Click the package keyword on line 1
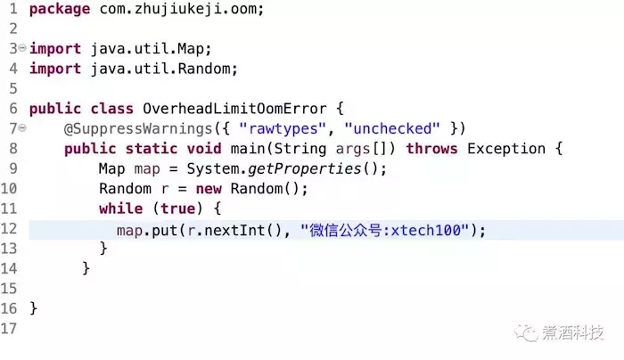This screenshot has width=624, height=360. pyautogui.click(x=60, y=9)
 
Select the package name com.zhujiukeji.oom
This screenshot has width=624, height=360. pyautogui.click(x=177, y=9)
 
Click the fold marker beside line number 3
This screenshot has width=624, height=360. pyautogui.click(x=22, y=48)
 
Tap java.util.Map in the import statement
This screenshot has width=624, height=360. pyautogui.click(x=147, y=49)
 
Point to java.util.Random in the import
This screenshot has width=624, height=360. pyautogui.click(x=160, y=69)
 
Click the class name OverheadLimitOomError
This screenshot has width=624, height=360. pyautogui.click(x=234, y=109)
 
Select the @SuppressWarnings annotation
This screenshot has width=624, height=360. pyautogui.click(x=138, y=129)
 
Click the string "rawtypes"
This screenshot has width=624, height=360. pyautogui.click(x=283, y=128)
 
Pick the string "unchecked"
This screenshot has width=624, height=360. pyautogui.click(x=392, y=128)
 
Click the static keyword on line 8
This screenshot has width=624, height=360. pyautogui.click(x=152, y=149)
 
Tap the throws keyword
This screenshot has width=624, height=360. pyautogui.click(x=431, y=149)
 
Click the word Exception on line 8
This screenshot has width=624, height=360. pyautogui.click(x=506, y=149)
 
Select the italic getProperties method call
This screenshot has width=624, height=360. pyautogui.click(x=305, y=169)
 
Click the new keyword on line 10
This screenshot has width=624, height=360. pyautogui.click(x=209, y=189)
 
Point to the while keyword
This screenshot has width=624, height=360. pyautogui.click(x=121, y=209)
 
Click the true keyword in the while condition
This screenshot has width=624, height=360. pyautogui.click(x=178, y=209)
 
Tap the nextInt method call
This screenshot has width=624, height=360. pyautogui.click(x=234, y=230)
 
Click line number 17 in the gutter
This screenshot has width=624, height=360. pyautogui.click(x=9, y=329)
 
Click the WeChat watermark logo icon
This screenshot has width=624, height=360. pyautogui.click(x=526, y=332)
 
